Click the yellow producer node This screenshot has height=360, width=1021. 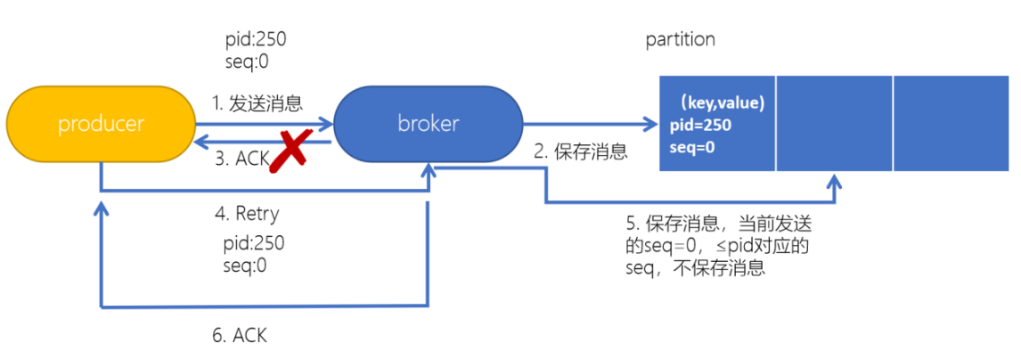pos(101,125)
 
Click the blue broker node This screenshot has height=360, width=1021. pos(428,125)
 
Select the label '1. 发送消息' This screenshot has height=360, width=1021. pos(258,103)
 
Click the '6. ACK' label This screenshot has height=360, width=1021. pos(238,335)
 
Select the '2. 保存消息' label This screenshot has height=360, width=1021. pos(581,151)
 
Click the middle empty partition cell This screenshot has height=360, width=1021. pos(834,124)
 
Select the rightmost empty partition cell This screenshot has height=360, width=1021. pos(951,124)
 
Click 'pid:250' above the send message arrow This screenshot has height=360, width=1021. pos(256,40)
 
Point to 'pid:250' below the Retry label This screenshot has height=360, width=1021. pos(254,243)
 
